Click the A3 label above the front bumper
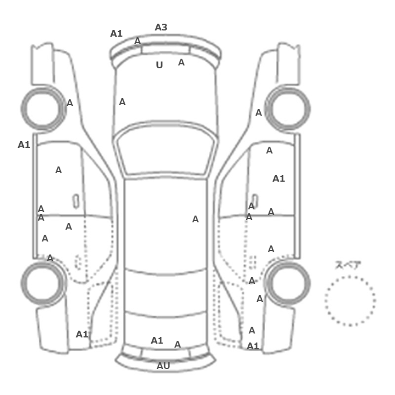161,27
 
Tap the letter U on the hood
159,65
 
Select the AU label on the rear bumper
163,366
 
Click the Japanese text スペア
345,266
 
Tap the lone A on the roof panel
195,220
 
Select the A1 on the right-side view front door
279,179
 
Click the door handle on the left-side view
76,201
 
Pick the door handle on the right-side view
255,201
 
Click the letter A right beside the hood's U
181,63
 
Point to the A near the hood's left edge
122,102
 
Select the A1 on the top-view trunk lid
157,341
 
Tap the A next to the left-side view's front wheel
70,103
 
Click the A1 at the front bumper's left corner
116,33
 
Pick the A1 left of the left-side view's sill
24,145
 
